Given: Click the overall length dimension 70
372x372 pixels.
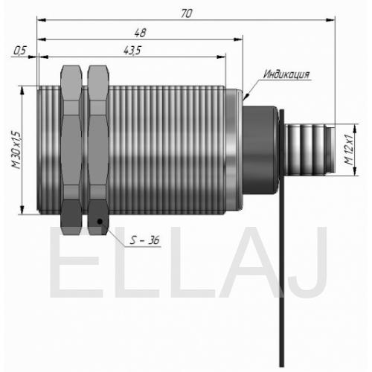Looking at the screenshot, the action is pos(186,13).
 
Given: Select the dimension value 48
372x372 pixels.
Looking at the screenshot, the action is pos(141,33).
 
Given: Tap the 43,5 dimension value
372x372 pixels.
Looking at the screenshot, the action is pos(132,51).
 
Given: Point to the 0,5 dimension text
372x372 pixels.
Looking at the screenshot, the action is pos(19,51).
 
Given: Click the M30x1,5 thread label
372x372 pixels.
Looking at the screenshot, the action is pos(17,150).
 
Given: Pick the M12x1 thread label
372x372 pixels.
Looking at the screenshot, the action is pos(349,150).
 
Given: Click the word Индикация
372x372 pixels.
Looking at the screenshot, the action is pos(286,74).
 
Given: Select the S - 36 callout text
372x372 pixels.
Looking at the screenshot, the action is pos(144,240).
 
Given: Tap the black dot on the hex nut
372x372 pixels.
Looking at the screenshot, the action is pos(100,221).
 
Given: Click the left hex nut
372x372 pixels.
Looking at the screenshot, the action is pos(71,150).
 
